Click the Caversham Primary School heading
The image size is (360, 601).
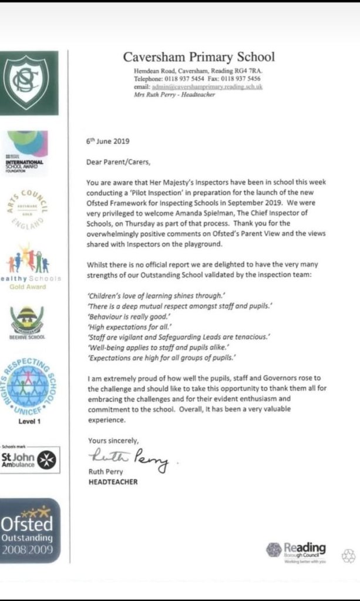198,57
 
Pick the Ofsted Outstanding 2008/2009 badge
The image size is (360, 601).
29,530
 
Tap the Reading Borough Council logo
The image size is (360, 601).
297,550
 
